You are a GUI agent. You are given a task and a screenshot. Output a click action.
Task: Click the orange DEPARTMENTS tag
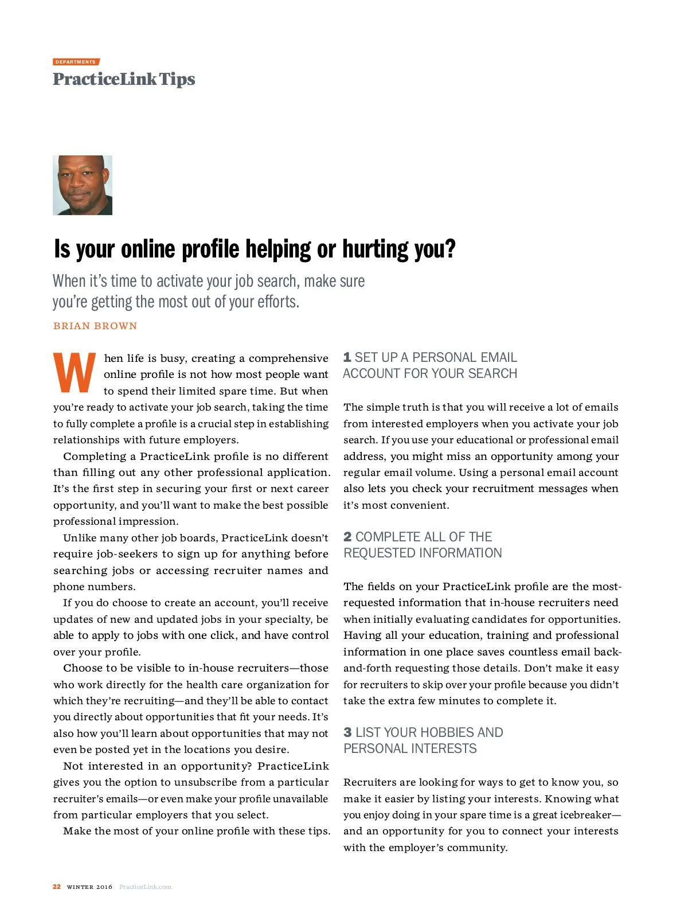(x=76, y=62)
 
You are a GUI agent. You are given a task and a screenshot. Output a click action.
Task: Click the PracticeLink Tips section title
(x=124, y=79)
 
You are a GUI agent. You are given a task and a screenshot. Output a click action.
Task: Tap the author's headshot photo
(x=83, y=185)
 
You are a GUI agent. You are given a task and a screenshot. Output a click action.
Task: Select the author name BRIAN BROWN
(x=95, y=326)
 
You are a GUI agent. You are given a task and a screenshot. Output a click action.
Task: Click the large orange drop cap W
(x=75, y=373)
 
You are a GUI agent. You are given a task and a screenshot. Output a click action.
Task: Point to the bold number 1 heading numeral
(x=347, y=358)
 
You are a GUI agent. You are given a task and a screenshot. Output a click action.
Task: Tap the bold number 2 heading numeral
(x=347, y=537)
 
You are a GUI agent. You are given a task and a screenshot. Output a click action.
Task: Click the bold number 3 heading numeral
(x=347, y=733)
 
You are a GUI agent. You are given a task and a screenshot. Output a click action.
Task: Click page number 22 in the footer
(x=57, y=887)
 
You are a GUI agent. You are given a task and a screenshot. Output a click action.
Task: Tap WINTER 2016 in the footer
(x=89, y=887)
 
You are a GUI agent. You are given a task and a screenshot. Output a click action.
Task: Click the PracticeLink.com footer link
(x=145, y=887)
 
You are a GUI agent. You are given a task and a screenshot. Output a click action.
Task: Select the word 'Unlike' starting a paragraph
(x=80, y=538)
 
